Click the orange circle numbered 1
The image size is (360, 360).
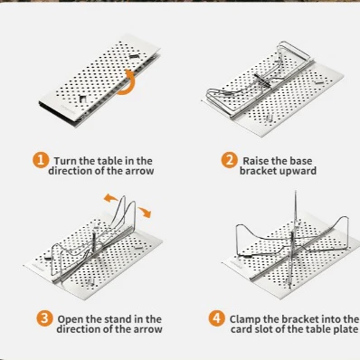pyautogui.click(x=41, y=159)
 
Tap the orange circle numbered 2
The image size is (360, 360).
pyautogui.click(x=229, y=160)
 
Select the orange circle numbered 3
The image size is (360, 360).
pyautogui.click(x=44, y=318)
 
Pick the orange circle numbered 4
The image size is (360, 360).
pyautogui.click(x=216, y=318)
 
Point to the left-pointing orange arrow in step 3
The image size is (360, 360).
pyautogui.click(x=110, y=198)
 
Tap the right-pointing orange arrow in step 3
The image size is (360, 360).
pyautogui.click(x=145, y=212)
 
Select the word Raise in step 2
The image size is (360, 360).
pyautogui.click(x=256, y=161)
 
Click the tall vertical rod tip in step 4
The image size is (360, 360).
pyautogui.click(x=295, y=191)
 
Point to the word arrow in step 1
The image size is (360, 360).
pyautogui.click(x=139, y=171)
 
